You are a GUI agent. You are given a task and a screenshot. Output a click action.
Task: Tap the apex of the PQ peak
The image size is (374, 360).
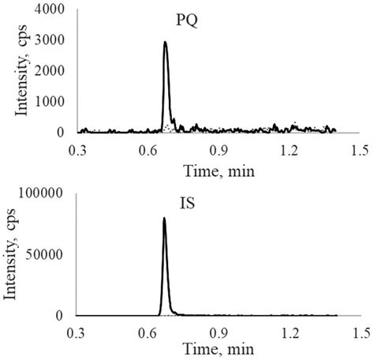165,43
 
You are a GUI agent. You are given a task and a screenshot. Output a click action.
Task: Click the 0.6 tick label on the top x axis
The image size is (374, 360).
148,148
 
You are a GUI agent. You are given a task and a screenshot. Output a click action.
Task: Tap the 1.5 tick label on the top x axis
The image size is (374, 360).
360,148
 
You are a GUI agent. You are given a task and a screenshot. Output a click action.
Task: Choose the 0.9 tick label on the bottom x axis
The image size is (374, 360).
219,331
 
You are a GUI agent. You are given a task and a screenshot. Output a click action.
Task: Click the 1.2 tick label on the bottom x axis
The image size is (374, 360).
290,331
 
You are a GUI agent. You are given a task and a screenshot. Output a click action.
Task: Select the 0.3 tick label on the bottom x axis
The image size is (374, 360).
77,331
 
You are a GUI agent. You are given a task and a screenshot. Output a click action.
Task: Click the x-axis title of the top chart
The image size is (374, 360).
218,167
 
